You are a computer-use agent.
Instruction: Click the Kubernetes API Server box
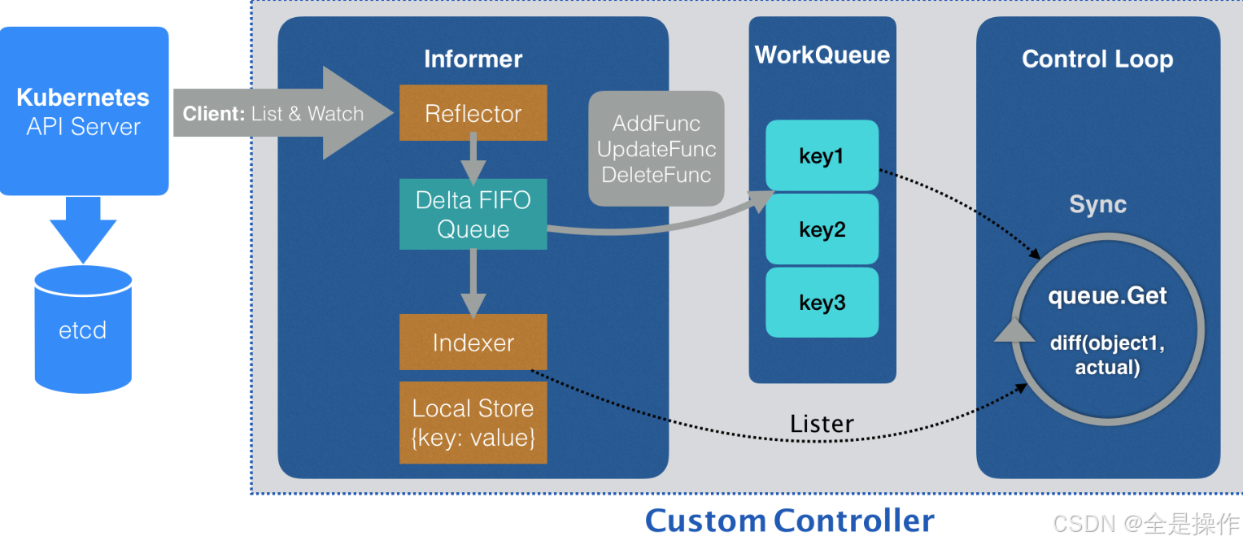coord(84,111)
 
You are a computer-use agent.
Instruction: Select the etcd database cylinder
coord(83,329)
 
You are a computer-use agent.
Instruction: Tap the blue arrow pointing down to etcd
coord(83,228)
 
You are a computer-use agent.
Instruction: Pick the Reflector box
coord(473,113)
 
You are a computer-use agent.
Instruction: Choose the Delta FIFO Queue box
coord(473,214)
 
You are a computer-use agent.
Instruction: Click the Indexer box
coord(473,342)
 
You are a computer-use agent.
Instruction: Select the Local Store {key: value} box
coord(473,422)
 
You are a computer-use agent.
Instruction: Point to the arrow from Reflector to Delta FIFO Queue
coord(473,160)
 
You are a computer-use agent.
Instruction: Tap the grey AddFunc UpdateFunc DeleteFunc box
coord(656,148)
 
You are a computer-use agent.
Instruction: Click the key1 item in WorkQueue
coord(822,155)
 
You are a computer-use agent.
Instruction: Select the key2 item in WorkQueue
coord(822,229)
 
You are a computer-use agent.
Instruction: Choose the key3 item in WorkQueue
coord(822,303)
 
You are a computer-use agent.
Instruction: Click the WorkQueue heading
coord(822,54)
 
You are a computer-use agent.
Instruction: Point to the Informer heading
coord(473,59)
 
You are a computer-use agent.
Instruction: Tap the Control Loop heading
coord(1097,59)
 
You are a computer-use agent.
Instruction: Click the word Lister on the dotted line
coord(822,424)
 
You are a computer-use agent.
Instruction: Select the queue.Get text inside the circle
coord(1107,295)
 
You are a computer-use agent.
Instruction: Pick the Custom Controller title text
coord(789,521)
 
